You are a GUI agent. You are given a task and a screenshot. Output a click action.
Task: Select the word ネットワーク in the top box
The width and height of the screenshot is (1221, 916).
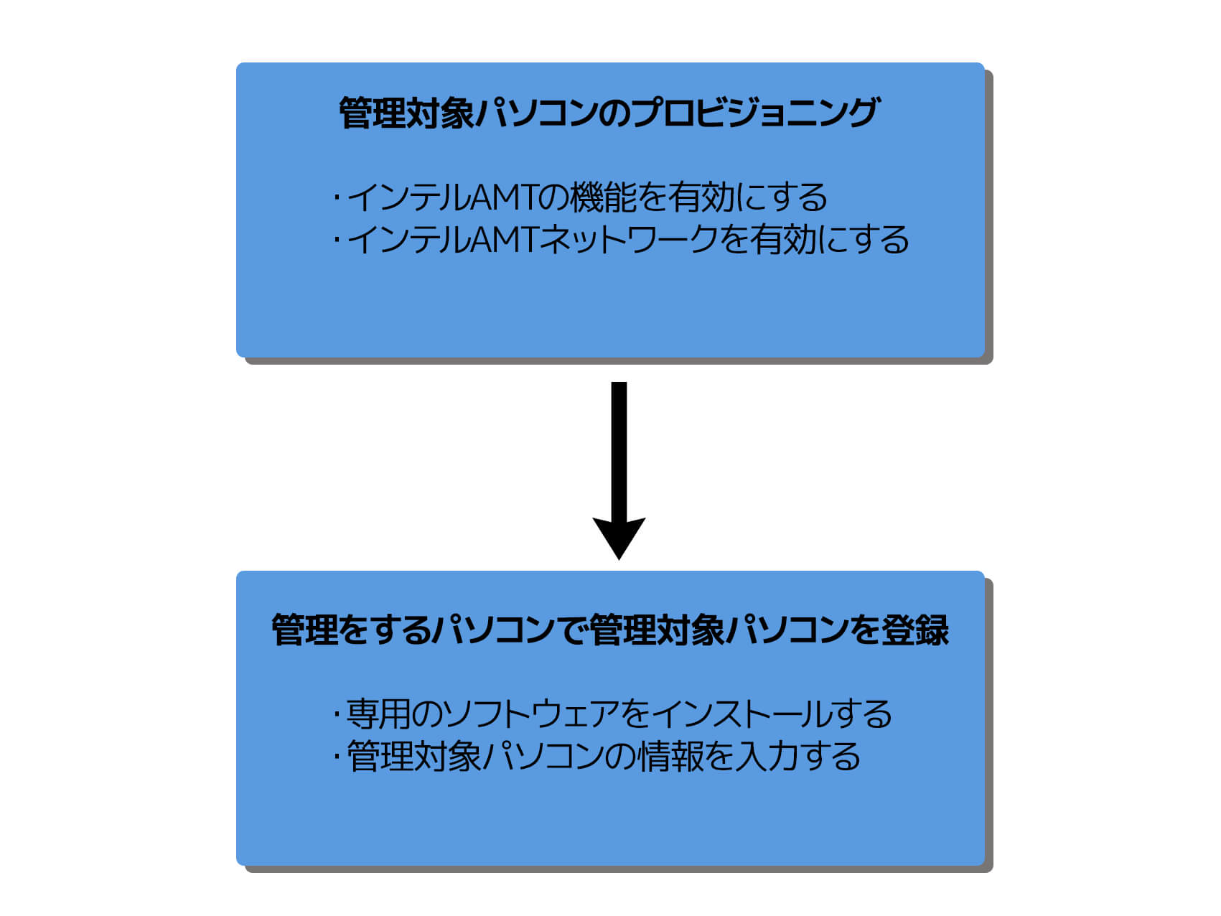pos(630,240)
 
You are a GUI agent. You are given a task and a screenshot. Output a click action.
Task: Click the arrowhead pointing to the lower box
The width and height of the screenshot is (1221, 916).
pos(619,537)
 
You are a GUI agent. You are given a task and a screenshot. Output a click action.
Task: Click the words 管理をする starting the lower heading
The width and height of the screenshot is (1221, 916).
pos(352,630)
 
